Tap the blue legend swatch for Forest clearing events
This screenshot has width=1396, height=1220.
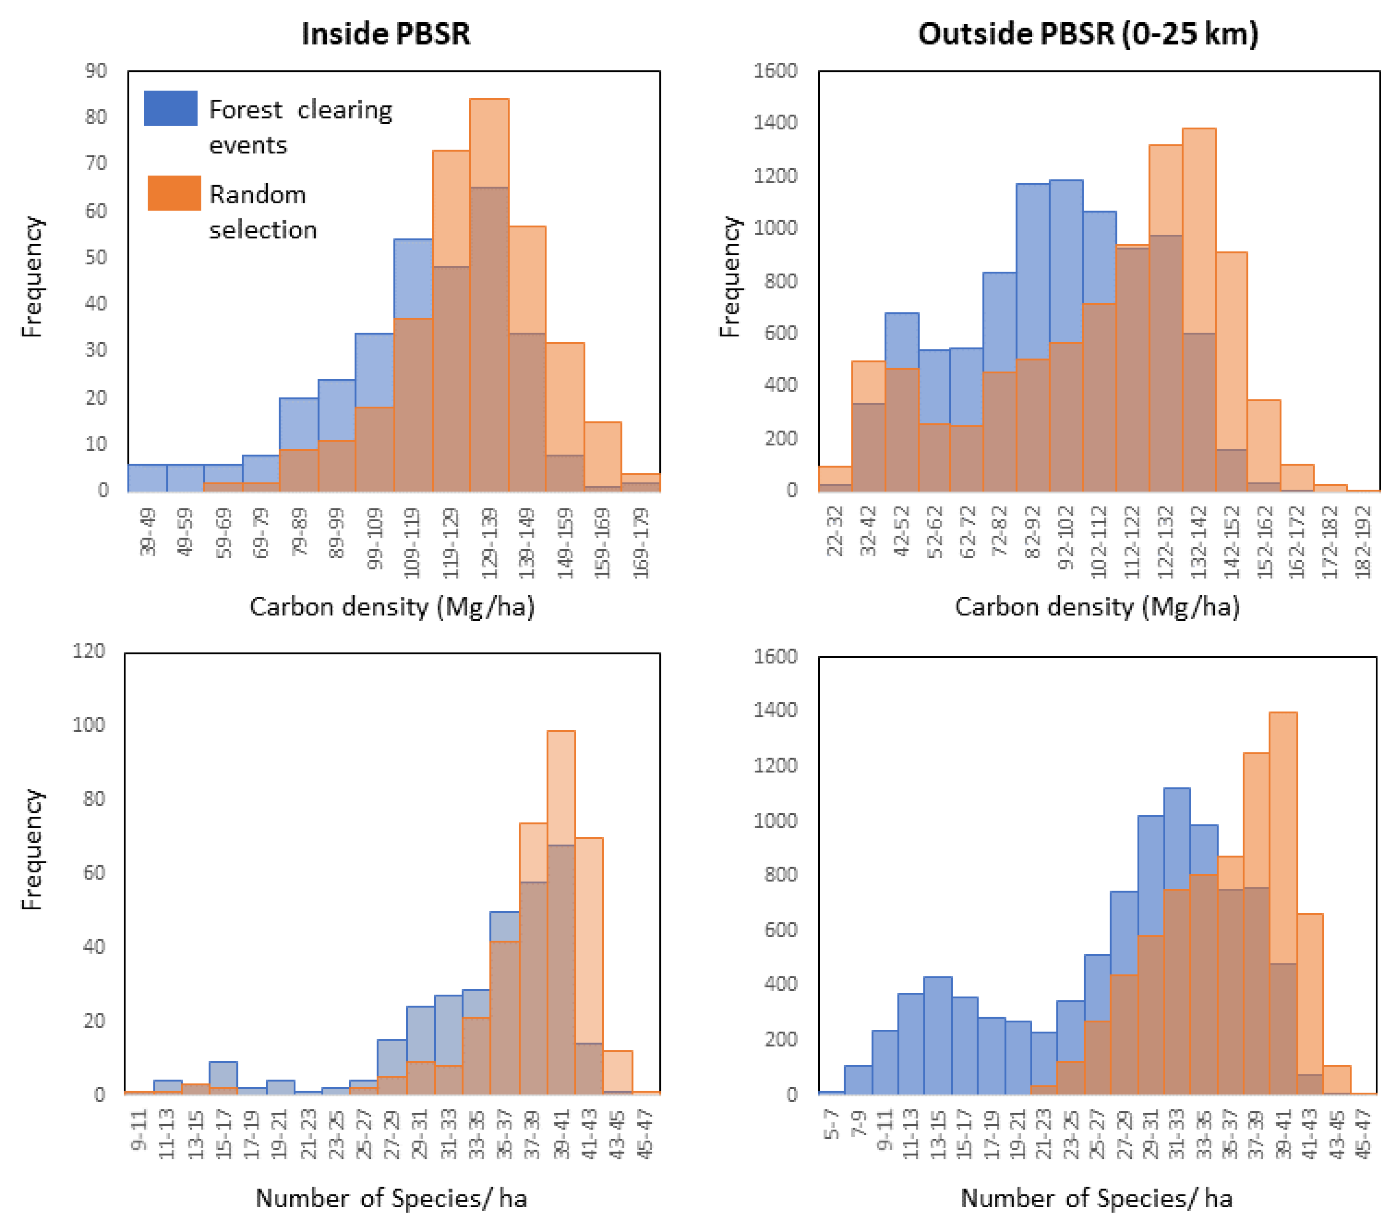170,108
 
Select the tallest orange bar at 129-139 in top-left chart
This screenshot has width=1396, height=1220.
489,143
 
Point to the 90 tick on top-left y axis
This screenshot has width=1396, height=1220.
96,71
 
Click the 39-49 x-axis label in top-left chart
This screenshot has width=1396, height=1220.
148,532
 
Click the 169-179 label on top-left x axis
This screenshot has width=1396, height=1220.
641,543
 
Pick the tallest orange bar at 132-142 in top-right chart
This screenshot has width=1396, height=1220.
1199,232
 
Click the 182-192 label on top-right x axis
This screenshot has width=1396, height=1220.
1363,543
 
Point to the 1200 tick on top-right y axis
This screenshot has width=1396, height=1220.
775,175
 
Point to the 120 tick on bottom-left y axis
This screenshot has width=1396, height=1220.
89,651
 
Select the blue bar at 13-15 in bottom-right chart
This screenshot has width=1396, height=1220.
938,1035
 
